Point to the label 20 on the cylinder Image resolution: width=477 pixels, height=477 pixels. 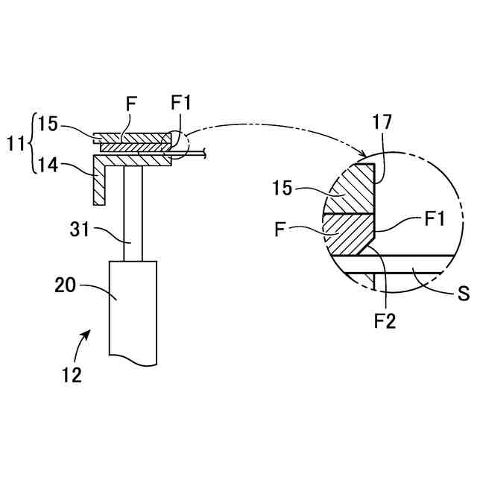(66, 283)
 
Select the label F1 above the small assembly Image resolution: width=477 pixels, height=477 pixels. (181, 103)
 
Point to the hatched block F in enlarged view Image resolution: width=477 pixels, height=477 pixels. (349, 233)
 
